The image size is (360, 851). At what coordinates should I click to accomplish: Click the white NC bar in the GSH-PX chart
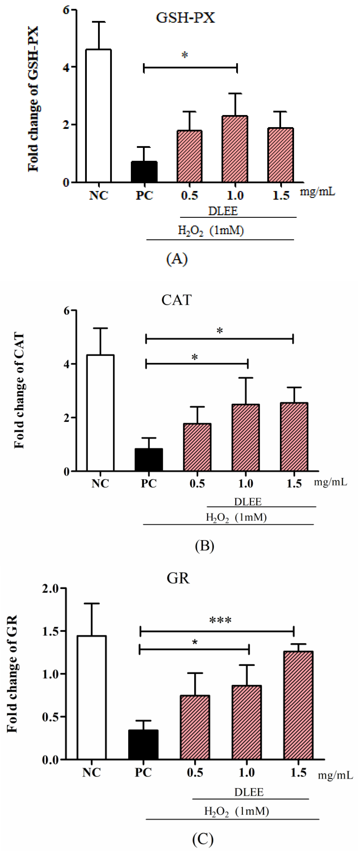coord(98,116)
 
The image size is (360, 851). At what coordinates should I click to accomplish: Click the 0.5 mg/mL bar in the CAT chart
coord(197,447)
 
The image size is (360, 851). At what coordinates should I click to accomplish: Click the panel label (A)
coord(177,259)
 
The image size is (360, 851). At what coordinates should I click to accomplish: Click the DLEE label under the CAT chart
coord(248,502)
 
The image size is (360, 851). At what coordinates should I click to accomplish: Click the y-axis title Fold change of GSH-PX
coord(33,99)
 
